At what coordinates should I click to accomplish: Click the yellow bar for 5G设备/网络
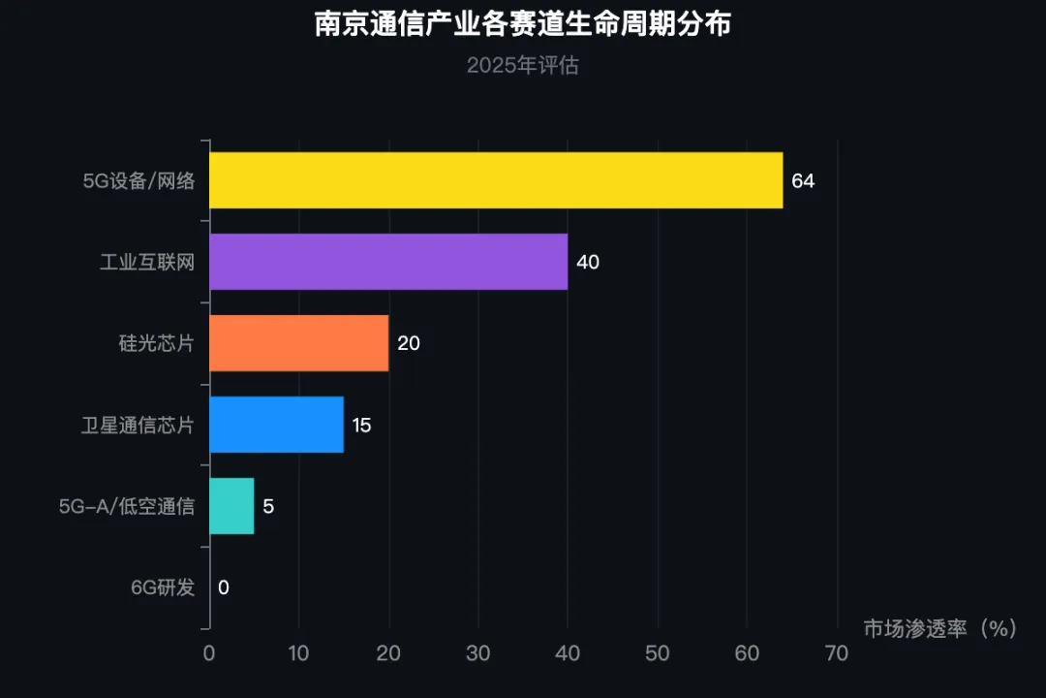point(496,180)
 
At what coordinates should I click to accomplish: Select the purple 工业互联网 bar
point(388,262)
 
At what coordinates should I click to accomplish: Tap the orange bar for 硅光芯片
point(299,343)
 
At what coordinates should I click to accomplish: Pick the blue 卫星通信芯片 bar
point(276,425)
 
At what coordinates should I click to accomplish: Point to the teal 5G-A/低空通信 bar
point(231,506)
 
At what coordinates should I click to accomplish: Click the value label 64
point(803,181)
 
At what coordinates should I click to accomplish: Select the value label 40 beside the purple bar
point(588,263)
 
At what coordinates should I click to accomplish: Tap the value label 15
point(361,426)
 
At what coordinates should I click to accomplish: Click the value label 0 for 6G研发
point(224,587)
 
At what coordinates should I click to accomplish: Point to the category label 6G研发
point(163,587)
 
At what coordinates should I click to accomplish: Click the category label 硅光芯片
point(157,343)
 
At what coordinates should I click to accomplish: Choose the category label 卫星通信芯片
point(138,425)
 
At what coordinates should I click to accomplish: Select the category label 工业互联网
point(147,262)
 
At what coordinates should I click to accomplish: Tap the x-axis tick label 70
point(837,653)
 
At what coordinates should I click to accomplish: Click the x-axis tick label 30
point(478,653)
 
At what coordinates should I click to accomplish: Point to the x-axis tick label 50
point(657,653)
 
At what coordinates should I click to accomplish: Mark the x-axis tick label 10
point(298,653)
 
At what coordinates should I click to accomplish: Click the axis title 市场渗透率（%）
point(939,628)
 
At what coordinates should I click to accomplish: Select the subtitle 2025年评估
point(523,66)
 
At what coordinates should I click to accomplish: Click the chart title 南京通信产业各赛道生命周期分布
point(523,23)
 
